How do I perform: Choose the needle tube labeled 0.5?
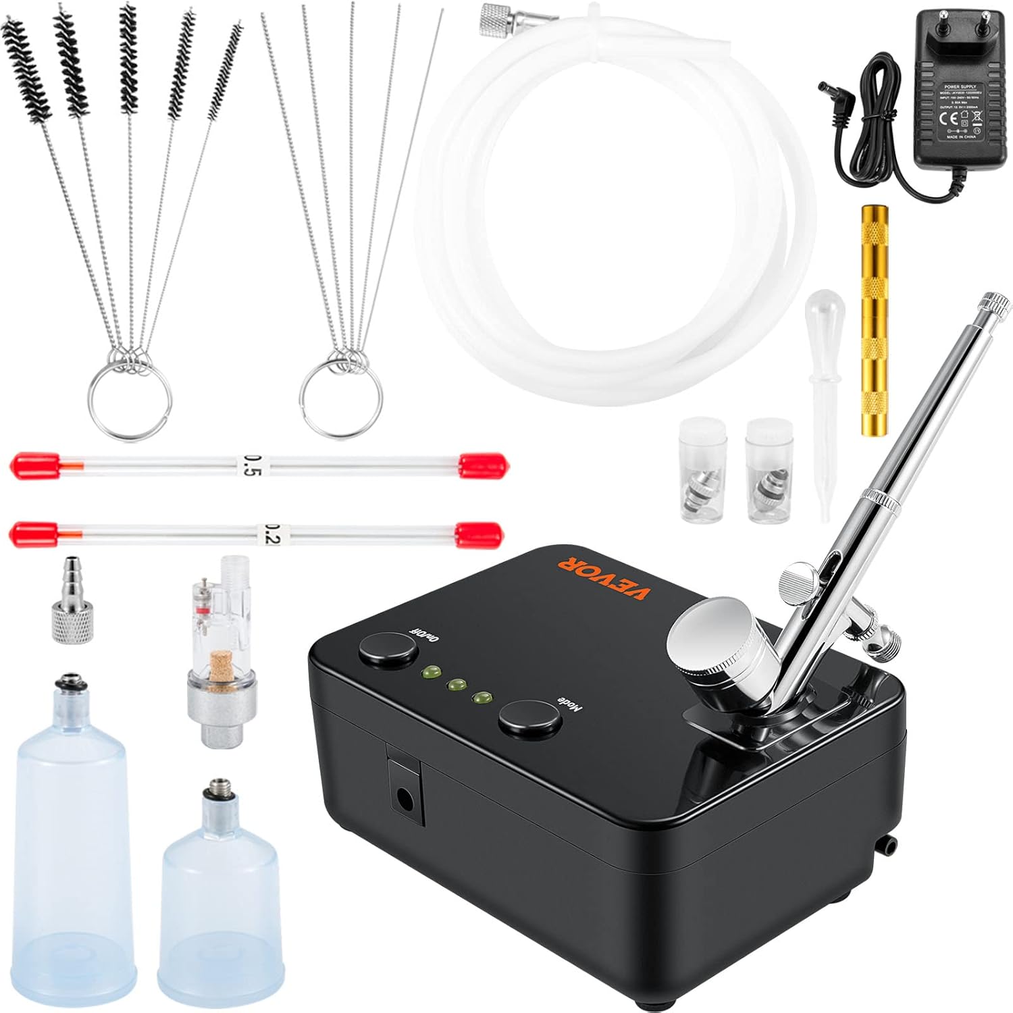coord(259,465)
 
